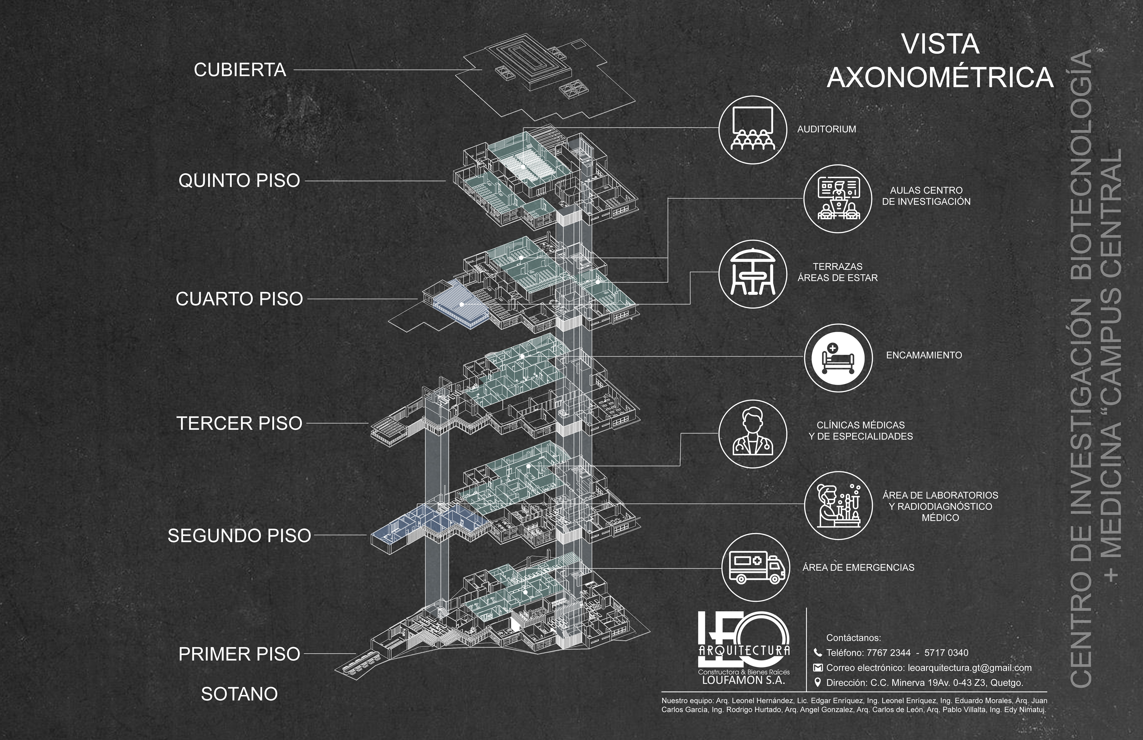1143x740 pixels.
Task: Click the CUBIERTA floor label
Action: click(240, 70)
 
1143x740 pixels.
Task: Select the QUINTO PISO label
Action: click(239, 181)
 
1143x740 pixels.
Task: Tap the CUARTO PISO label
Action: click(239, 299)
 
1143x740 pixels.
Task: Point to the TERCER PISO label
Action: click(239, 423)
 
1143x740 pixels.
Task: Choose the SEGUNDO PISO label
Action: click(239, 535)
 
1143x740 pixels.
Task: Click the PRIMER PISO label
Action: click(239, 654)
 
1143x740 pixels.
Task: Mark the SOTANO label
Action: click(239, 694)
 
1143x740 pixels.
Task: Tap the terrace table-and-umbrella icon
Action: click(752, 273)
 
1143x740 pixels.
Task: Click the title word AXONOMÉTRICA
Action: click(940, 78)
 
